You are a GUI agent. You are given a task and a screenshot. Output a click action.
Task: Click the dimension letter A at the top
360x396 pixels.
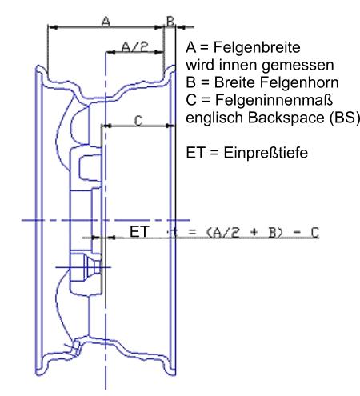tap(106, 21)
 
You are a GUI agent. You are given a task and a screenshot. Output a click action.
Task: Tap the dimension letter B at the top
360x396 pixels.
tap(170, 21)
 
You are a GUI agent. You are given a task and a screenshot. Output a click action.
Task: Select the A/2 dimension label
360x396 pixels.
tap(135, 47)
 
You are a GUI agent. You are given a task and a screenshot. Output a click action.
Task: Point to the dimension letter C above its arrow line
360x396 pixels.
tap(138, 121)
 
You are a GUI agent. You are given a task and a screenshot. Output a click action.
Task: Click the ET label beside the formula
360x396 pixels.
tap(139, 231)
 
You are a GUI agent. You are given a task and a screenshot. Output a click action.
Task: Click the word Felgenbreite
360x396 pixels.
tap(257, 47)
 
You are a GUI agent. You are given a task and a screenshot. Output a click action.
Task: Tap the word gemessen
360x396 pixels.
tap(298, 66)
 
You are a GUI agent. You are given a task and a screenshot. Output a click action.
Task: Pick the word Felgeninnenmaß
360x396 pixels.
tap(274, 100)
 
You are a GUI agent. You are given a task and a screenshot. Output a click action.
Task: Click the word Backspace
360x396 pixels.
tap(286, 118)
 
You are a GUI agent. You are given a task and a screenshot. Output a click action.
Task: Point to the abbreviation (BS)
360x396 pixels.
tap(345, 118)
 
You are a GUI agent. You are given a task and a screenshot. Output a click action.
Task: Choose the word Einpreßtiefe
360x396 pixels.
tap(266, 153)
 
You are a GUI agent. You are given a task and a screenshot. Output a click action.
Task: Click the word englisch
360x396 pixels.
tap(214, 118)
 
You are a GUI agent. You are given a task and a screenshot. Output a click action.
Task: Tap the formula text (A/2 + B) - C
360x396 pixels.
tap(262, 232)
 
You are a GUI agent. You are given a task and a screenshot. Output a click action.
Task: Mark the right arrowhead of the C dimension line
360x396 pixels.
tap(170, 126)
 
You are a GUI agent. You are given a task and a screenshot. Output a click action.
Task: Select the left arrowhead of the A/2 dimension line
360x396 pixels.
tap(111, 52)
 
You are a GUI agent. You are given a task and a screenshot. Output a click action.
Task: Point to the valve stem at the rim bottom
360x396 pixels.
tap(74, 348)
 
